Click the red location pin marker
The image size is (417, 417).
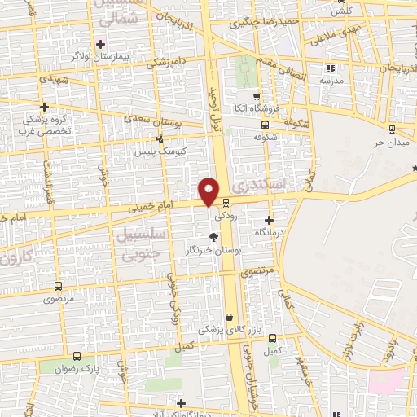(209, 190)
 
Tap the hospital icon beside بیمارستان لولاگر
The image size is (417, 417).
(101, 43)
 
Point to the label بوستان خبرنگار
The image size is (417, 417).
(214, 250)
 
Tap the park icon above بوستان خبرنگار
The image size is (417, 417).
(213, 237)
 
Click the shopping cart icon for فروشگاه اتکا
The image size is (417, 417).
(256, 95)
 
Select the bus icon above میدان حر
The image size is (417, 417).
(392, 129)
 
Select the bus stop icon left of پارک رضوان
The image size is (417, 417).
(77, 356)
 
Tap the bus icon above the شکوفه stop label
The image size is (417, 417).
(265, 125)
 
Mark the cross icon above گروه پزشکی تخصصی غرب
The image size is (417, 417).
(44, 106)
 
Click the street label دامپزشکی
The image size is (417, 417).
(166, 61)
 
